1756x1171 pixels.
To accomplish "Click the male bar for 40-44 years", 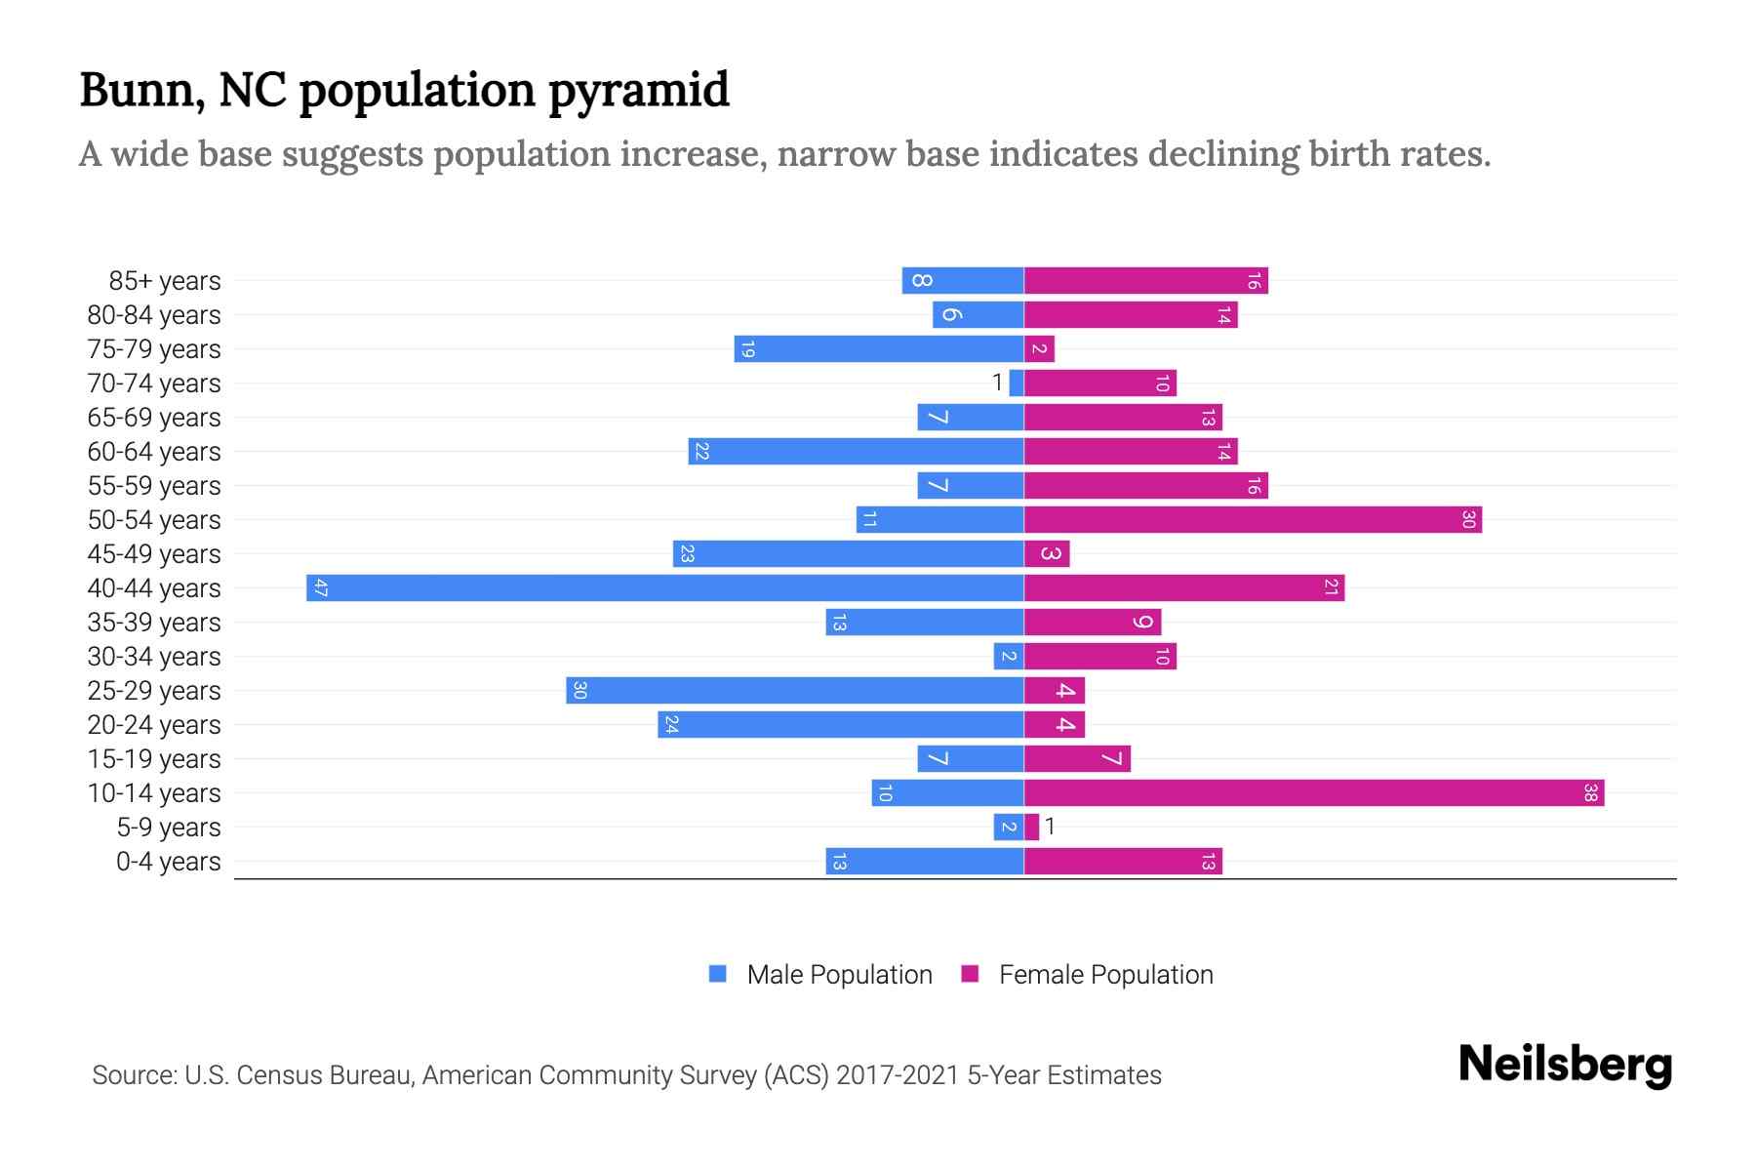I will [663, 587].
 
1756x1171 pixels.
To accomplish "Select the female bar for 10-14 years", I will [1313, 792].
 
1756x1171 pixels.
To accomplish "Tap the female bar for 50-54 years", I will [1253, 519].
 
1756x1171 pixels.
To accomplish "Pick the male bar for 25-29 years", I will [794, 690].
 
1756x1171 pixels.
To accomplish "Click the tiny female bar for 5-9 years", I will [1031, 828].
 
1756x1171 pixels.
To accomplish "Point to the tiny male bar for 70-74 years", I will [1017, 384].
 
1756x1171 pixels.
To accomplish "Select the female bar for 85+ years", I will [1145, 281].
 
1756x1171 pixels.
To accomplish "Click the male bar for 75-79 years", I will [878, 349].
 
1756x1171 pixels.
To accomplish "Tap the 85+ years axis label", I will [164, 281].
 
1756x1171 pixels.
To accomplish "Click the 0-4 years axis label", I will [168, 862].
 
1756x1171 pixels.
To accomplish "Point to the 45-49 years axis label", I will [154, 554].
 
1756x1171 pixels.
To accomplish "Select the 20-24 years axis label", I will [154, 725].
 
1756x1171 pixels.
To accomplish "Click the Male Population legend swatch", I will [718, 974].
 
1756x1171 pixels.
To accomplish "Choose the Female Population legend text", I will [1105, 975].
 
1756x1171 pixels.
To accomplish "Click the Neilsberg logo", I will [1565, 1065].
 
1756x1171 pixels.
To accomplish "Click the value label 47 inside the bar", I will [320, 588].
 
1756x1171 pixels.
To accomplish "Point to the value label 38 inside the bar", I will [1590, 793].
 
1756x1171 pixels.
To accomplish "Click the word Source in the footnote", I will [134, 1075].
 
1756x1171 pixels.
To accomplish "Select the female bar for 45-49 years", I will [1047, 554].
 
